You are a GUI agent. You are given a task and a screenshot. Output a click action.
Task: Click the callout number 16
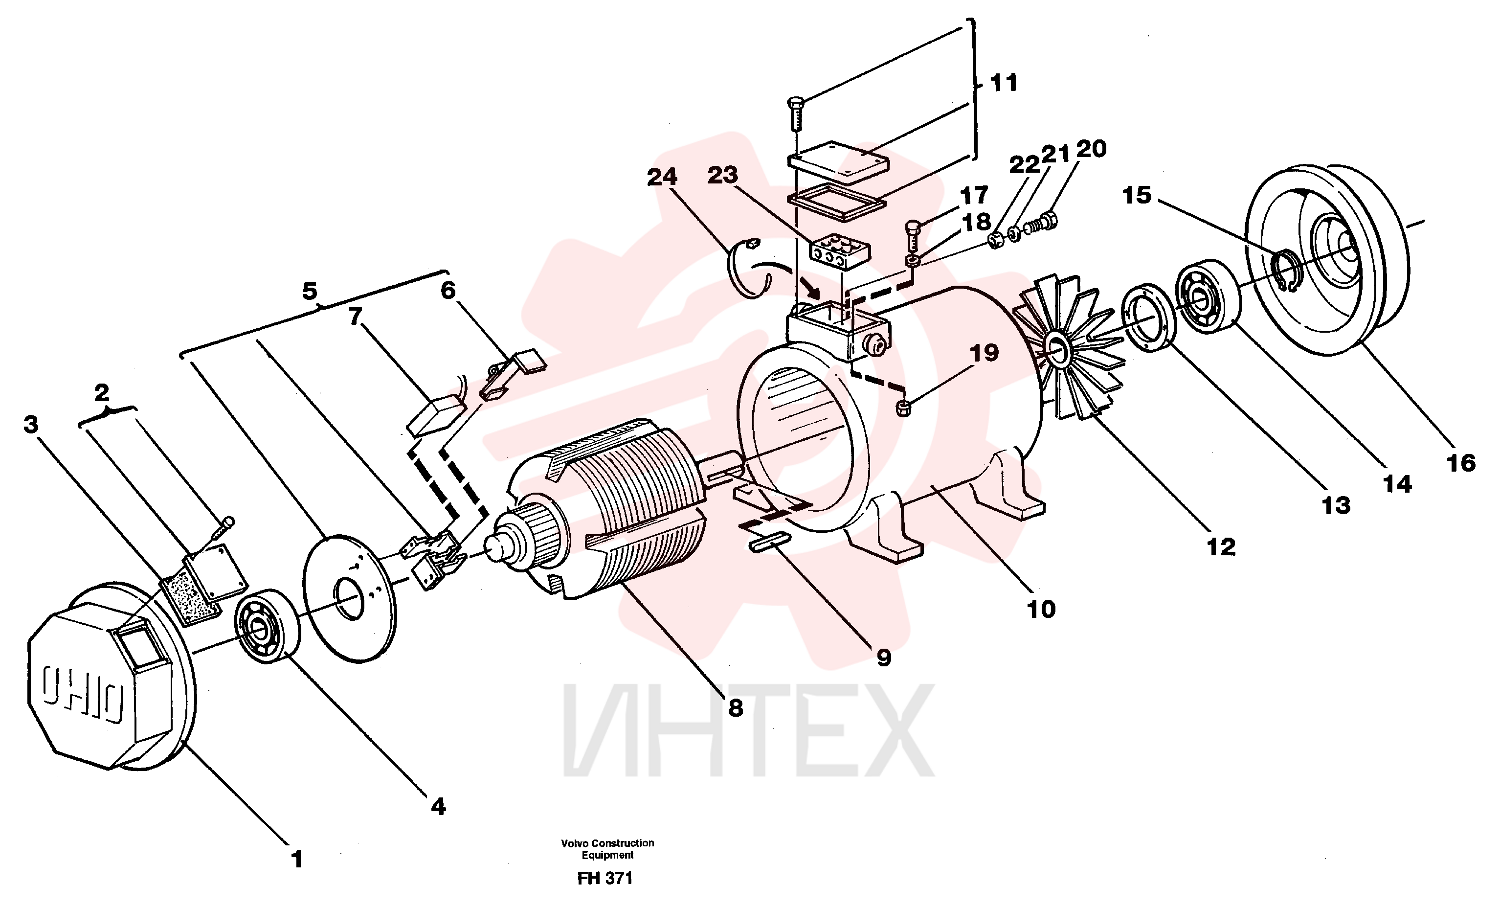(1461, 463)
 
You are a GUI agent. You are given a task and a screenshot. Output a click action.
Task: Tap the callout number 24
(662, 177)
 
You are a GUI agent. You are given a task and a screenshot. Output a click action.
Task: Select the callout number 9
(884, 657)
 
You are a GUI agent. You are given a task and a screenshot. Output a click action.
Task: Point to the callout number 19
(985, 353)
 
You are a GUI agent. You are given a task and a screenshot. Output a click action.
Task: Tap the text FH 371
(605, 878)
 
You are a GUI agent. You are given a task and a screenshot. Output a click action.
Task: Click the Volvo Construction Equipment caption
(607, 849)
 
